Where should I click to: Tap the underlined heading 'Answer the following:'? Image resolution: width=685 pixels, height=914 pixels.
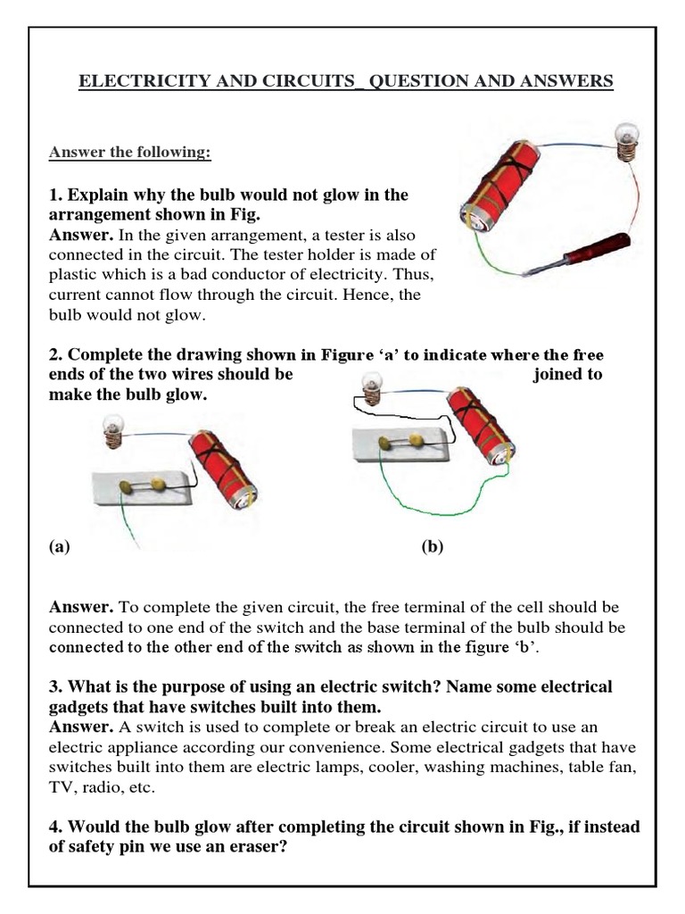130,152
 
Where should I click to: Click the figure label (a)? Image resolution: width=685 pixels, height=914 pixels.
59,548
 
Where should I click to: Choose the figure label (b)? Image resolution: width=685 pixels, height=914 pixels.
433,548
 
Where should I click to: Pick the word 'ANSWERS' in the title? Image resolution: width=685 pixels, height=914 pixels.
568,81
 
